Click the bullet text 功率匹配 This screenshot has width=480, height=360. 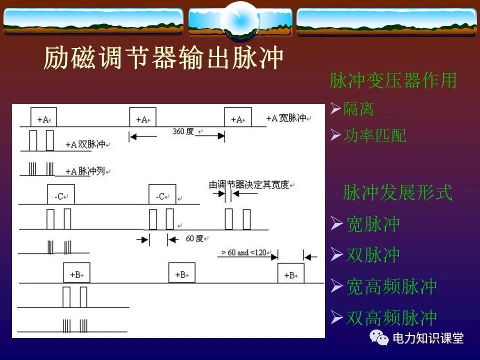point(374,135)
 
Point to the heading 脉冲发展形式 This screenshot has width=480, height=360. point(397,192)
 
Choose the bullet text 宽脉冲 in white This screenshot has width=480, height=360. point(373,224)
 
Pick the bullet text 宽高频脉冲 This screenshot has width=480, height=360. point(391,286)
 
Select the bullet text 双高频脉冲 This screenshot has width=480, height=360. point(391,317)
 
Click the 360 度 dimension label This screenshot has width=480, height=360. point(183,131)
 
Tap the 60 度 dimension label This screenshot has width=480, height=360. point(194,238)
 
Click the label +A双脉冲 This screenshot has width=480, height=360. point(85,144)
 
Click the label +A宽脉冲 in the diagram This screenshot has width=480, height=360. point(286,118)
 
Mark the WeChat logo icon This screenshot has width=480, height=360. point(379,338)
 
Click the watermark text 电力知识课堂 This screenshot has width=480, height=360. point(428,338)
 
